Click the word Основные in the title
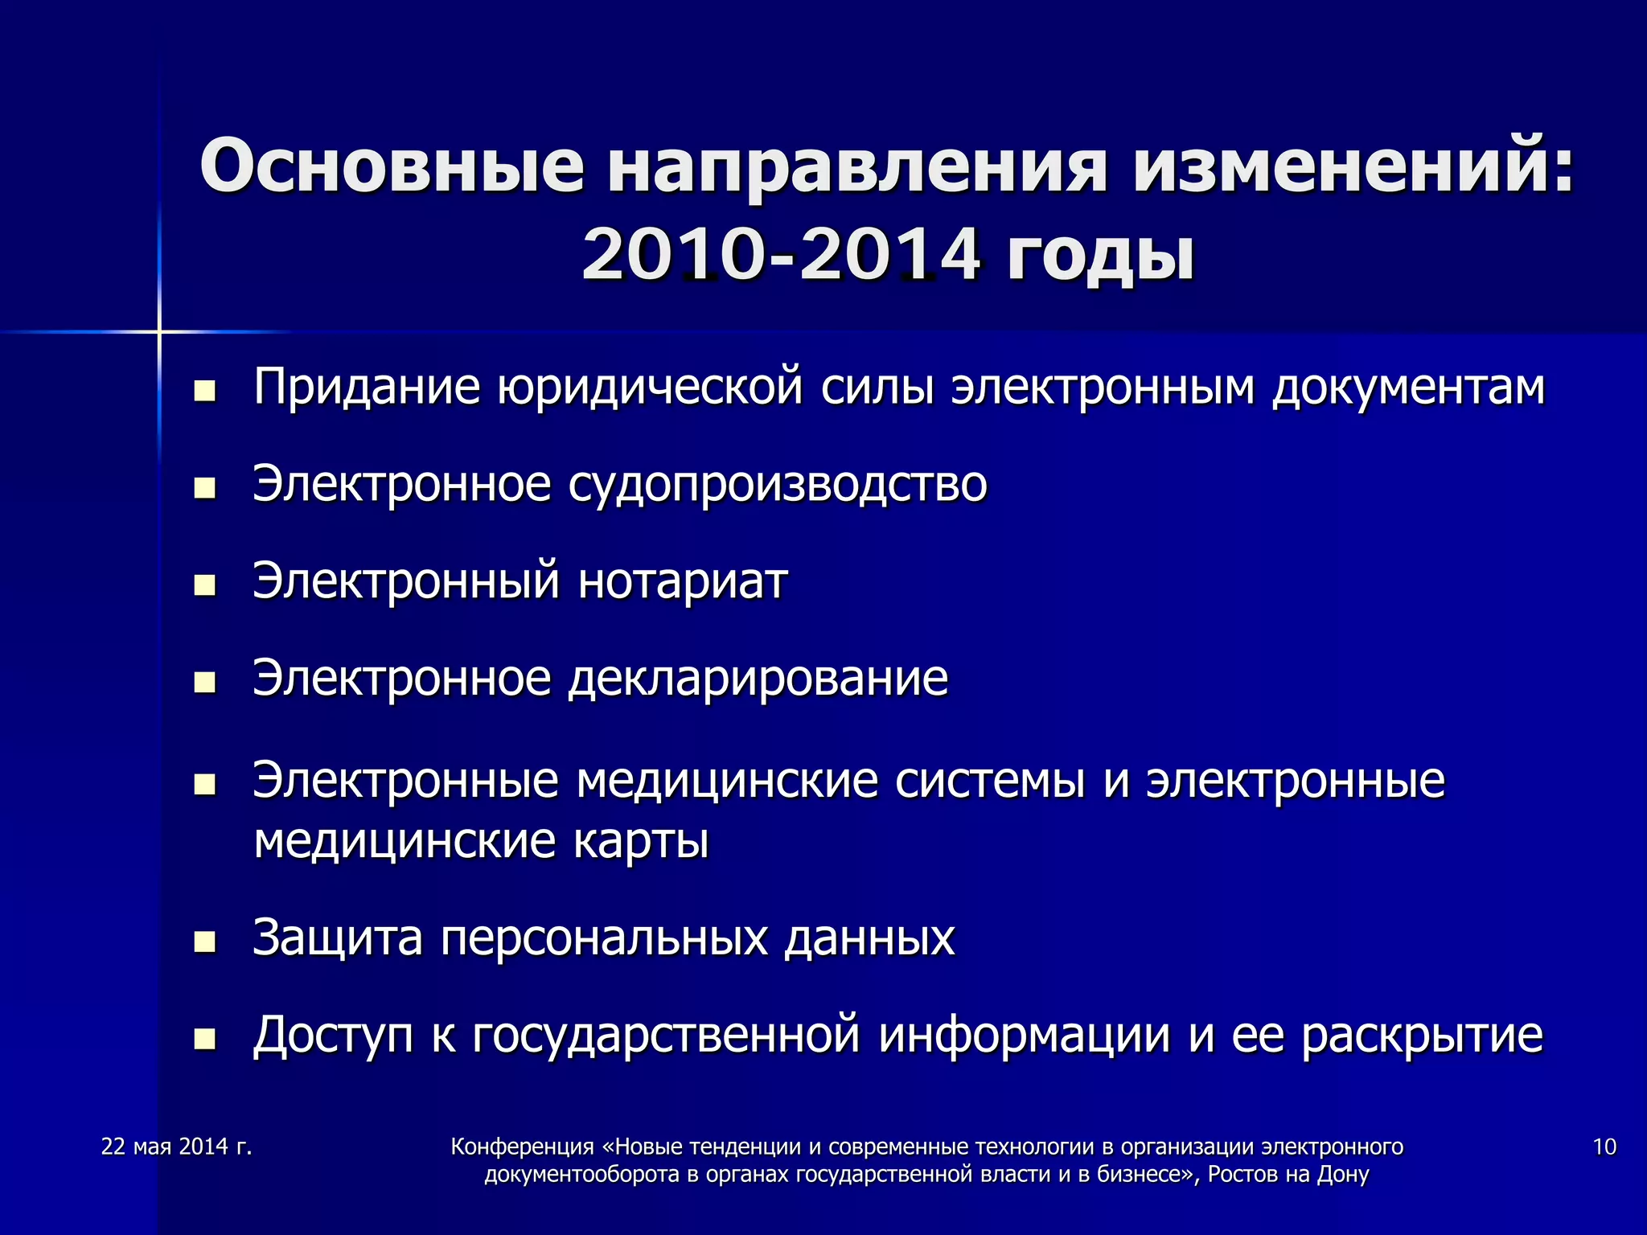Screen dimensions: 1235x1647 [392, 166]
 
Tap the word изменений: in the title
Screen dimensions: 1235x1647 [1353, 166]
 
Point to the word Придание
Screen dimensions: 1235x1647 [367, 388]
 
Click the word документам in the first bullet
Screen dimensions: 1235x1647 [1408, 388]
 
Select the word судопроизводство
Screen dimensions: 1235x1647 [778, 485]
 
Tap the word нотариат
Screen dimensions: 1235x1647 [683, 581]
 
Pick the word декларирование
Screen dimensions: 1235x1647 [758, 679]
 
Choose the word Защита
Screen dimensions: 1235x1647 [338, 938]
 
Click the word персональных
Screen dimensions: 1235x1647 [604, 938]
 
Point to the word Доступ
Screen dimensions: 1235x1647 [333, 1035]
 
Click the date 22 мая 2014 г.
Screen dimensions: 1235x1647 [177, 1147]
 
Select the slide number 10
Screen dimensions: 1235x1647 [1604, 1147]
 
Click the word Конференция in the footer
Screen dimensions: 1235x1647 [522, 1147]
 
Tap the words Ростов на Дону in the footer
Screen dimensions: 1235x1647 [1288, 1175]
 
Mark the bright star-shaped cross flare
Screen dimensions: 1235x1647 [159, 331]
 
